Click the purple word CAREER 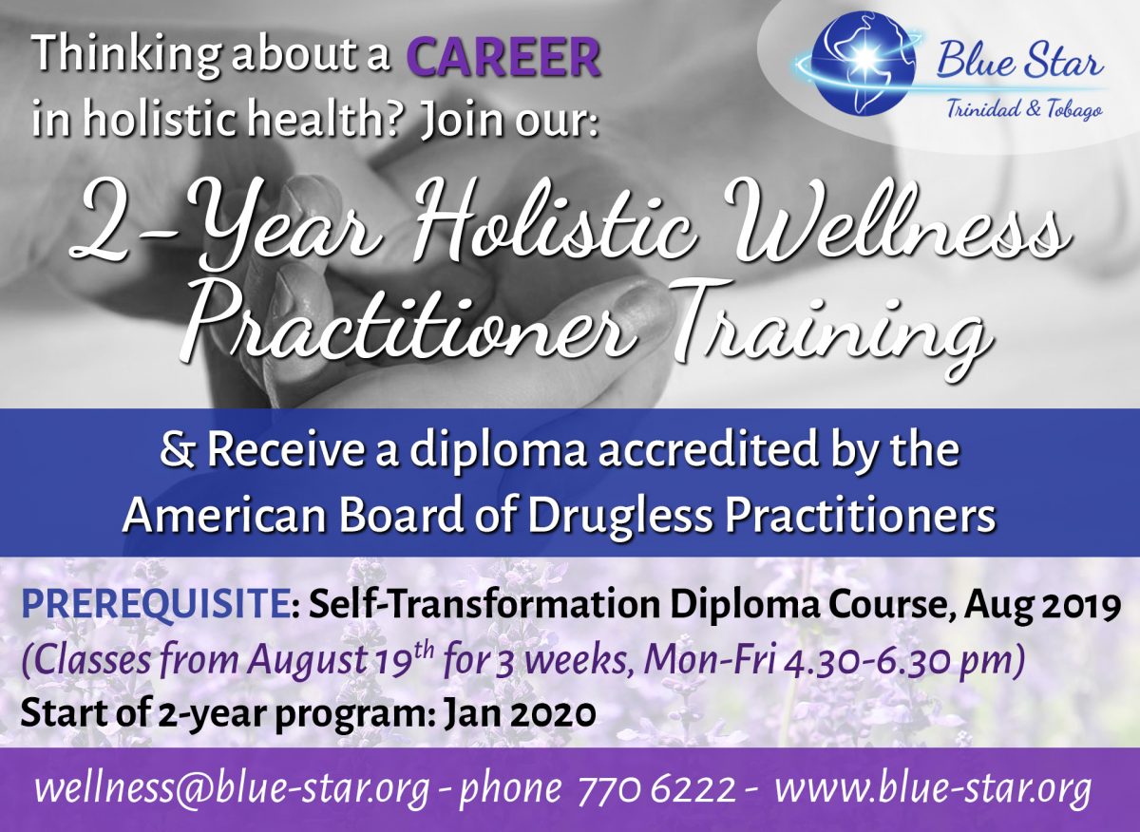tap(503, 59)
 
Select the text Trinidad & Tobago tap(1023, 110)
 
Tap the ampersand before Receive tap(187, 451)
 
